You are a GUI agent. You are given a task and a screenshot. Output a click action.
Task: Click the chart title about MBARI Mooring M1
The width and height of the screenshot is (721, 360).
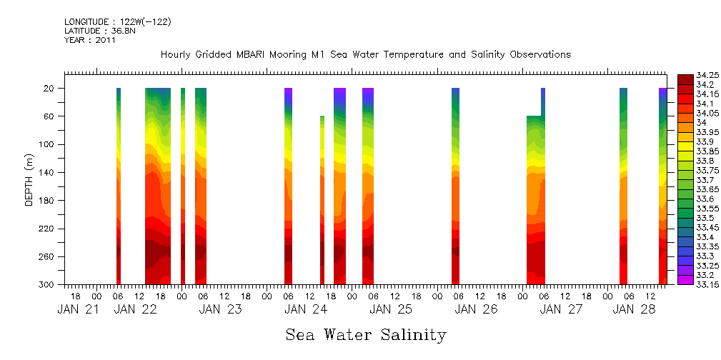[x=365, y=55]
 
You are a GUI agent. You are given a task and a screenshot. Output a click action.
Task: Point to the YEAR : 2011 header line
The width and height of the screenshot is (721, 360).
[x=90, y=40]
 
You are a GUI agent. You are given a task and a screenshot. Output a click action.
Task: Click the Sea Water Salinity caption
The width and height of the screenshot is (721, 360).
[x=365, y=335]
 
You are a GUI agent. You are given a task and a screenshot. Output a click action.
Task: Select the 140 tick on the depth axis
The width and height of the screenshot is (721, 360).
[x=49, y=172]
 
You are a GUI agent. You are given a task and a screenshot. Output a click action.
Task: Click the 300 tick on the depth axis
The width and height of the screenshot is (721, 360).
[x=49, y=284]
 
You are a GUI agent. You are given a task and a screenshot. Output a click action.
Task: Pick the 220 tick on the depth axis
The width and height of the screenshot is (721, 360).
[x=49, y=229]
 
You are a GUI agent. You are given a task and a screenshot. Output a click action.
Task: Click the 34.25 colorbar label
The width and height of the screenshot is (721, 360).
[x=707, y=75]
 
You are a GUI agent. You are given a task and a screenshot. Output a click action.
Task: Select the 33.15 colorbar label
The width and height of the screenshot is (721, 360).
[x=707, y=284]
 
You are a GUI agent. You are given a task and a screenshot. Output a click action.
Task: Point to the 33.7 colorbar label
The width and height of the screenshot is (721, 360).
[x=705, y=180]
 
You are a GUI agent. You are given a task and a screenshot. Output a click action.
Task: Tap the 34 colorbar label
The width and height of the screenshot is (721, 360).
[x=701, y=123]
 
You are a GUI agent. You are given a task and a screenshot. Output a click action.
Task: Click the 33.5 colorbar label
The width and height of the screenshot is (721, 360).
[x=705, y=218]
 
